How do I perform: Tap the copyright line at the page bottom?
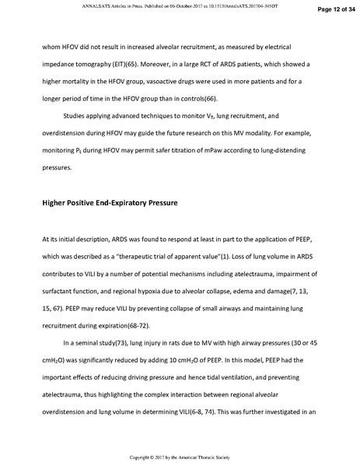180,456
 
